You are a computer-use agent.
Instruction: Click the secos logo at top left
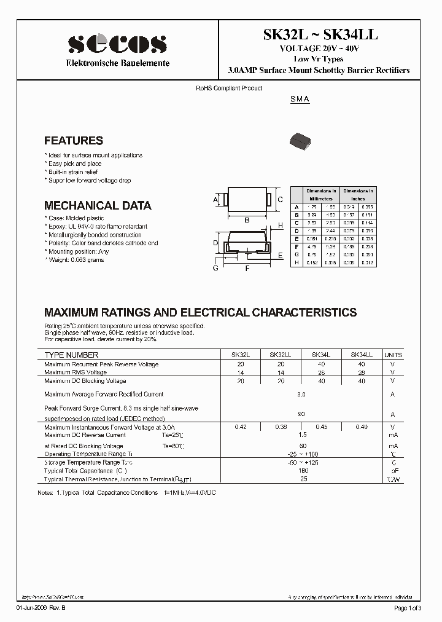click(117, 44)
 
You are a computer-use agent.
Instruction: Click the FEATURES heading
click(74, 141)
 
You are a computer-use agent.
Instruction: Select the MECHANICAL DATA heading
click(98, 206)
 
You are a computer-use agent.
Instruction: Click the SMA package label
click(300, 100)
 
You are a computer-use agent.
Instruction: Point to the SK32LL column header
click(280, 355)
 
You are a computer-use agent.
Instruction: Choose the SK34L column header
click(321, 355)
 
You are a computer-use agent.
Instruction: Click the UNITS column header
click(393, 355)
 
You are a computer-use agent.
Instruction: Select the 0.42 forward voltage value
click(240, 427)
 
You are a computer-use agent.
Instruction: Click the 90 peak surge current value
click(301, 414)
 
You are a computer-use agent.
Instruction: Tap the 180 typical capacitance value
click(301, 471)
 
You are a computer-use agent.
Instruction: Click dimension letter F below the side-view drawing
click(247, 268)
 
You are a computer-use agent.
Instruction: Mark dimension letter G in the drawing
click(216, 268)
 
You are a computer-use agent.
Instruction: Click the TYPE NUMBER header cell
click(71, 355)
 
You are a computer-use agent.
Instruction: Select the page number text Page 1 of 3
click(407, 608)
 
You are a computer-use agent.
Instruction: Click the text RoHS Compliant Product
click(229, 89)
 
